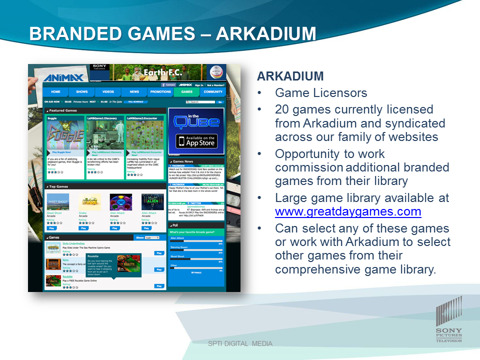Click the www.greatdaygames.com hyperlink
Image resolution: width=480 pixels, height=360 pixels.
(348, 211)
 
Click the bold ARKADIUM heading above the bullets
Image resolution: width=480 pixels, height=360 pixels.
(290, 76)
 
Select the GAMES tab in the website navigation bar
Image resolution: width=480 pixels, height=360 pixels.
(186, 92)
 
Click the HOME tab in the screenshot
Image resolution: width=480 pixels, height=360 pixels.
(55, 92)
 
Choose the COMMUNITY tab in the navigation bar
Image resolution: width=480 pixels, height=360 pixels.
(213, 92)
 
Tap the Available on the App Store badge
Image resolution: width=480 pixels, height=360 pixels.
(196, 141)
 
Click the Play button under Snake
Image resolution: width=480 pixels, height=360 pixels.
(83, 228)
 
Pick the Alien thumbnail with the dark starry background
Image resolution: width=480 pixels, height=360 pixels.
(152, 201)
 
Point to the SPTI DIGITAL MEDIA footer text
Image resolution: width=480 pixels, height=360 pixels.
(240, 343)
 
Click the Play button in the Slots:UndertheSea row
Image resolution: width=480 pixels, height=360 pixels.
(159, 253)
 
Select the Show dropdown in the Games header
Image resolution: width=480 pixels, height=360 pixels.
(152, 238)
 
